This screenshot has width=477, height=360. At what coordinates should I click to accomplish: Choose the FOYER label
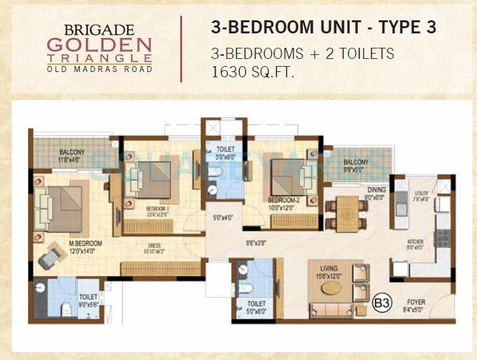(415, 302)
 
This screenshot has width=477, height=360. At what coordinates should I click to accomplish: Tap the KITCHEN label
(415, 242)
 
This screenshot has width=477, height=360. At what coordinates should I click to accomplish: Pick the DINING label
(375, 190)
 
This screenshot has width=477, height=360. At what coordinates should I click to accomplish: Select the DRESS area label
(155, 246)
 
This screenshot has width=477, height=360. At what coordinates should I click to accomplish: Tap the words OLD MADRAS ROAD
(100, 69)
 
